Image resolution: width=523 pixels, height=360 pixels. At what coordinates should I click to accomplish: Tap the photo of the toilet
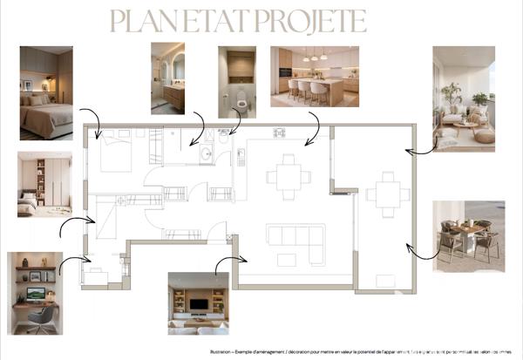tap(237, 82)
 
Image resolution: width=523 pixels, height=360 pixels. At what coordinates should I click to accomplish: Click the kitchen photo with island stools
tap(315, 76)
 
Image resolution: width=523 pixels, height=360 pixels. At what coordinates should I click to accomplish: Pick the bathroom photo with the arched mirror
tap(167, 78)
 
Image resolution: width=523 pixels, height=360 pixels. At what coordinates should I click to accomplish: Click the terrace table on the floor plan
tap(384, 194)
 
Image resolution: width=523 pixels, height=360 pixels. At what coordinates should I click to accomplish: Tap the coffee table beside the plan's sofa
tap(288, 260)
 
